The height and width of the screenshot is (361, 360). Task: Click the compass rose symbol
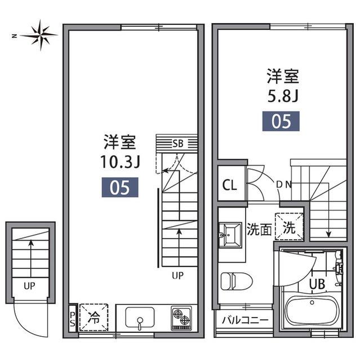coord(39,34)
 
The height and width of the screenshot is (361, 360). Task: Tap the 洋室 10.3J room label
coord(119,151)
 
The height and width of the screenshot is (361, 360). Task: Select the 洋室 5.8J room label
coord(282,85)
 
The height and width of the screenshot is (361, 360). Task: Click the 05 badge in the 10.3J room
coord(119,187)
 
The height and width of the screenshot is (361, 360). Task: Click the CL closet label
coord(230,185)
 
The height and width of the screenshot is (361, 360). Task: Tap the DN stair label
coord(283,184)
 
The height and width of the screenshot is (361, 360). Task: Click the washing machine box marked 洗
coord(288,228)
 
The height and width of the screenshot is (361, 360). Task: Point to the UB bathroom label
coord(316,284)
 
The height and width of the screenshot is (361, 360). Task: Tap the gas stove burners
coord(181,319)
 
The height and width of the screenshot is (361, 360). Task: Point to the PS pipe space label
coord(73,319)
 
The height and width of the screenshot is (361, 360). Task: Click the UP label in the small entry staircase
coord(29,286)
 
